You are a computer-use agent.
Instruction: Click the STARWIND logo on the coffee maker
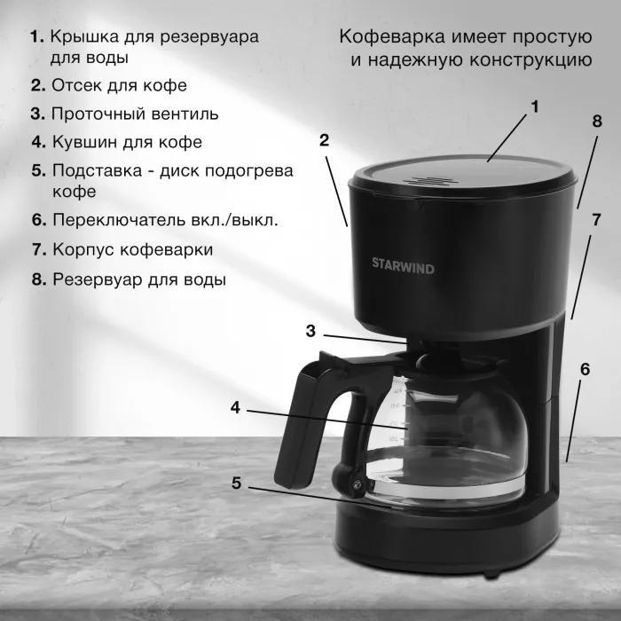(403, 266)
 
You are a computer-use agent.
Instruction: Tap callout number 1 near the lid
(535, 106)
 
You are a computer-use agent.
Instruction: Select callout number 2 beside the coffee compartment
(324, 140)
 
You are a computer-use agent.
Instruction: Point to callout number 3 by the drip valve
(310, 331)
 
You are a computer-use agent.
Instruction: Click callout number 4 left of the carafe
(236, 407)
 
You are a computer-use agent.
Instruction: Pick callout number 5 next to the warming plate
(237, 483)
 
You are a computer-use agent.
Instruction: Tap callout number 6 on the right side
(585, 369)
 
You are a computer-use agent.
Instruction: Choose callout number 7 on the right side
(596, 220)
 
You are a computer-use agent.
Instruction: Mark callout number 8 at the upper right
(597, 122)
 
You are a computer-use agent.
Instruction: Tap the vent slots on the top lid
(430, 181)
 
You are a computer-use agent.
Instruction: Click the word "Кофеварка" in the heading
(392, 37)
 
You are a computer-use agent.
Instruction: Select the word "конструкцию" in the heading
(531, 60)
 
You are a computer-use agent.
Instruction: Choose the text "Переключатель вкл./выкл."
(165, 220)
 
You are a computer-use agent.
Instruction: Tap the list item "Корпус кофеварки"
(133, 249)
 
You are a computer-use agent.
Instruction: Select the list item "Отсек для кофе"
(119, 85)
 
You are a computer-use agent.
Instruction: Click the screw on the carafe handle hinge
(358, 483)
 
